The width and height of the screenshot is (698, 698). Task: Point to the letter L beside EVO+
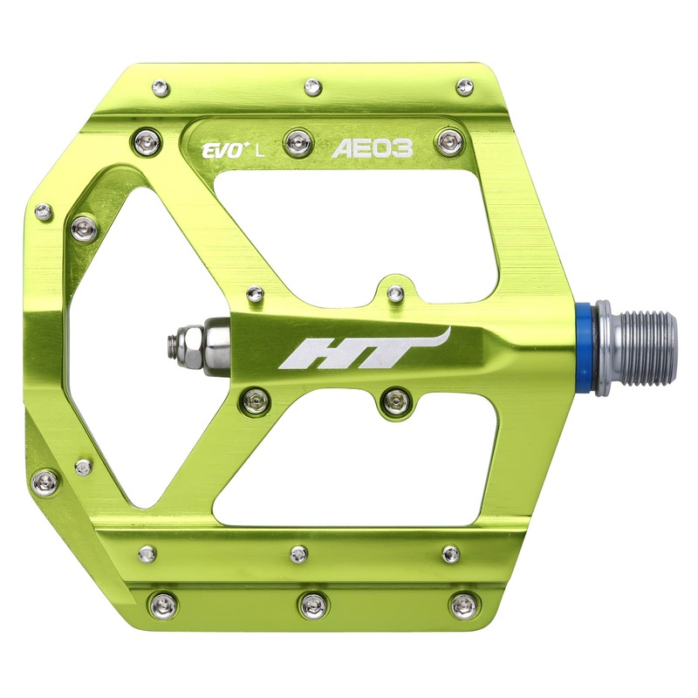pyautogui.click(x=260, y=148)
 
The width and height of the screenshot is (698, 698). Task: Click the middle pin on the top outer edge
pyautogui.click(x=311, y=86)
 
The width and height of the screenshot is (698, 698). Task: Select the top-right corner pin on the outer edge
pyautogui.click(x=465, y=86)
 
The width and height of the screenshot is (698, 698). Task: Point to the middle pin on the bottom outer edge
pyautogui.click(x=311, y=602)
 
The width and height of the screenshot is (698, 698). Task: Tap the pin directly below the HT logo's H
pyautogui.click(x=255, y=400)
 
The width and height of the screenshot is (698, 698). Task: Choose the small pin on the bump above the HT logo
pyautogui.click(x=395, y=291)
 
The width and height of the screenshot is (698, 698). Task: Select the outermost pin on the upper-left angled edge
pyautogui.click(x=42, y=210)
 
